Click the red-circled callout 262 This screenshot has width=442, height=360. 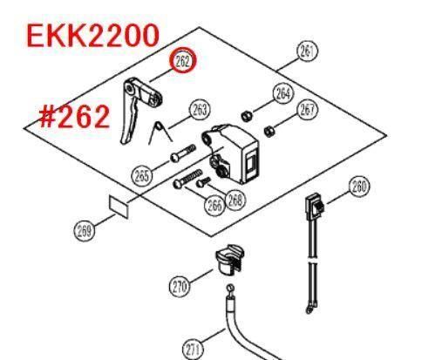183,61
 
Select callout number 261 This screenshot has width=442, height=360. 307,51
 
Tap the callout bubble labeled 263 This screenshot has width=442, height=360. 200,110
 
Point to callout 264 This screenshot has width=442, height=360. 283,93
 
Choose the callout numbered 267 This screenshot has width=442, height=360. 308,110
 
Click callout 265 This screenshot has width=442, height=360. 142,176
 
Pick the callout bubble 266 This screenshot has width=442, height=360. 214,205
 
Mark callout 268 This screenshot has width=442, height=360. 235,200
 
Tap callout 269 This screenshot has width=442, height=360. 85,231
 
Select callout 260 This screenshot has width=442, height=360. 359,187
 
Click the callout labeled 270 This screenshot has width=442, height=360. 180,287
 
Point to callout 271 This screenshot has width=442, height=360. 193,350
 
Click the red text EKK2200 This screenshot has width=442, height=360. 93,36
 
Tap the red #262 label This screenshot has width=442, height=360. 75,117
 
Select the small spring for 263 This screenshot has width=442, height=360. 160,132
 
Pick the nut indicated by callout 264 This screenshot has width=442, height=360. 247,116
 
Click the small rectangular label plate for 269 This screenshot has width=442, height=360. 119,207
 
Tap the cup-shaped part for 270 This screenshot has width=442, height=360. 229,260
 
